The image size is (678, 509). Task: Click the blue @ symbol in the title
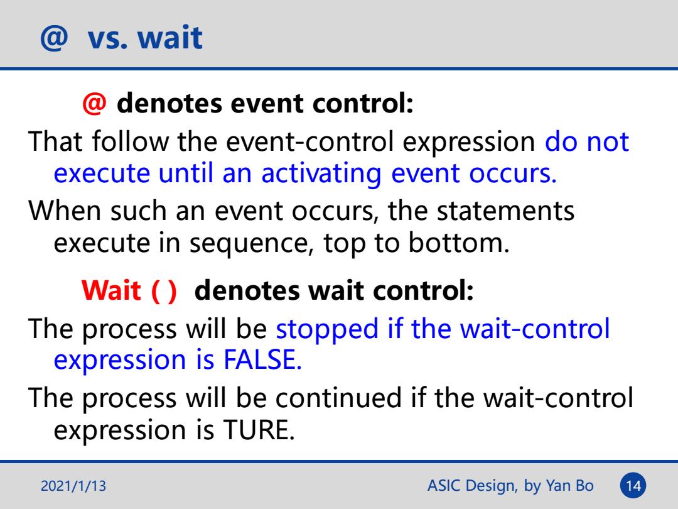pos(54,38)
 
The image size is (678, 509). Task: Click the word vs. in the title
pos(108,38)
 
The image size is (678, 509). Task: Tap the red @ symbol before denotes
pos(94,104)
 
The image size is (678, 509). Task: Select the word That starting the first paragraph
pos(55,141)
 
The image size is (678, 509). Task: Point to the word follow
pos(130,141)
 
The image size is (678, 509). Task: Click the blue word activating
pos(321,173)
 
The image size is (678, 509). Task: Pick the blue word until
pos(185,173)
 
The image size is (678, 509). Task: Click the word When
pos(65,211)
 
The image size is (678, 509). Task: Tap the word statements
pos(505,211)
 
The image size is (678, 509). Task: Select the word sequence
pos(251,244)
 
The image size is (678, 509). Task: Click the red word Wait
pos(111,290)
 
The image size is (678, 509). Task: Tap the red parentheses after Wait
pos(164,291)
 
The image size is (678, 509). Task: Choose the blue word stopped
pos(327,329)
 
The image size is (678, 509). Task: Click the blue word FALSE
pos(262,359)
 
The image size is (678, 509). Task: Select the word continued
pos(338,398)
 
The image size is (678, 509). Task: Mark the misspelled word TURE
pos(259,430)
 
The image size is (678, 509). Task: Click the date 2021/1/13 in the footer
pos(73,486)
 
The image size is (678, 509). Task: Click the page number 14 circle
pos(633,486)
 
